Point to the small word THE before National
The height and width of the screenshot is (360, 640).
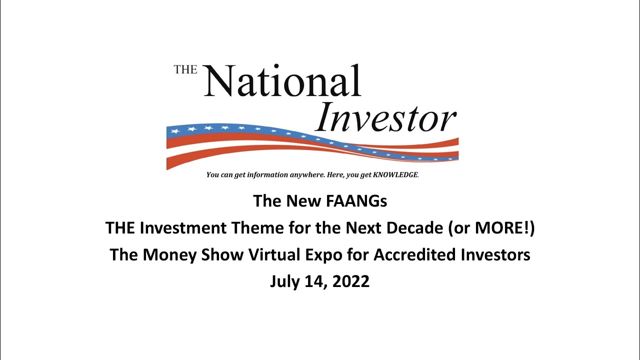[x=185, y=70]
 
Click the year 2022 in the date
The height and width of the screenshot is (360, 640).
[x=350, y=281]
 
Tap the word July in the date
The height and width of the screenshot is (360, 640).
[x=283, y=281]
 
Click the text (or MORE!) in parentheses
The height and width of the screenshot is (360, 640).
[x=492, y=228]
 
